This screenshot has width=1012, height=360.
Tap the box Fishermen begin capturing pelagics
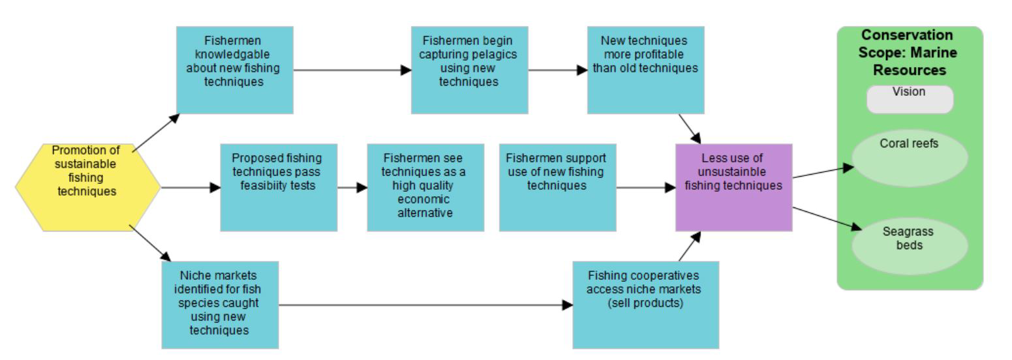click(469, 70)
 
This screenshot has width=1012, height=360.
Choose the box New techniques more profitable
click(645, 70)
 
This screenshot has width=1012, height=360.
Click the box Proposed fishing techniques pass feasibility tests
click(279, 188)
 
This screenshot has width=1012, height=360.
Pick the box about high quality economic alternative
click(425, 188)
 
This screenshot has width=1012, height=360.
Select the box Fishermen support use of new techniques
click(557, 188)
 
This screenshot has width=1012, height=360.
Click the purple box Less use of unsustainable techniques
click(733, 188)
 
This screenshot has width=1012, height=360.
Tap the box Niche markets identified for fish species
click(220, 305)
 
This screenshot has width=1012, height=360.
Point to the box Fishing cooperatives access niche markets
click(645, 305)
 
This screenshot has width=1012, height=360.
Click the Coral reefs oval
click(910, 158)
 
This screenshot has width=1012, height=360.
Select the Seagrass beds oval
click(910, 245)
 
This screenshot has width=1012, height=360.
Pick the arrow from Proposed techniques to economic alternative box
click(352, 188)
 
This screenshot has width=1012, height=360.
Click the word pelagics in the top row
click(494, 54)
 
